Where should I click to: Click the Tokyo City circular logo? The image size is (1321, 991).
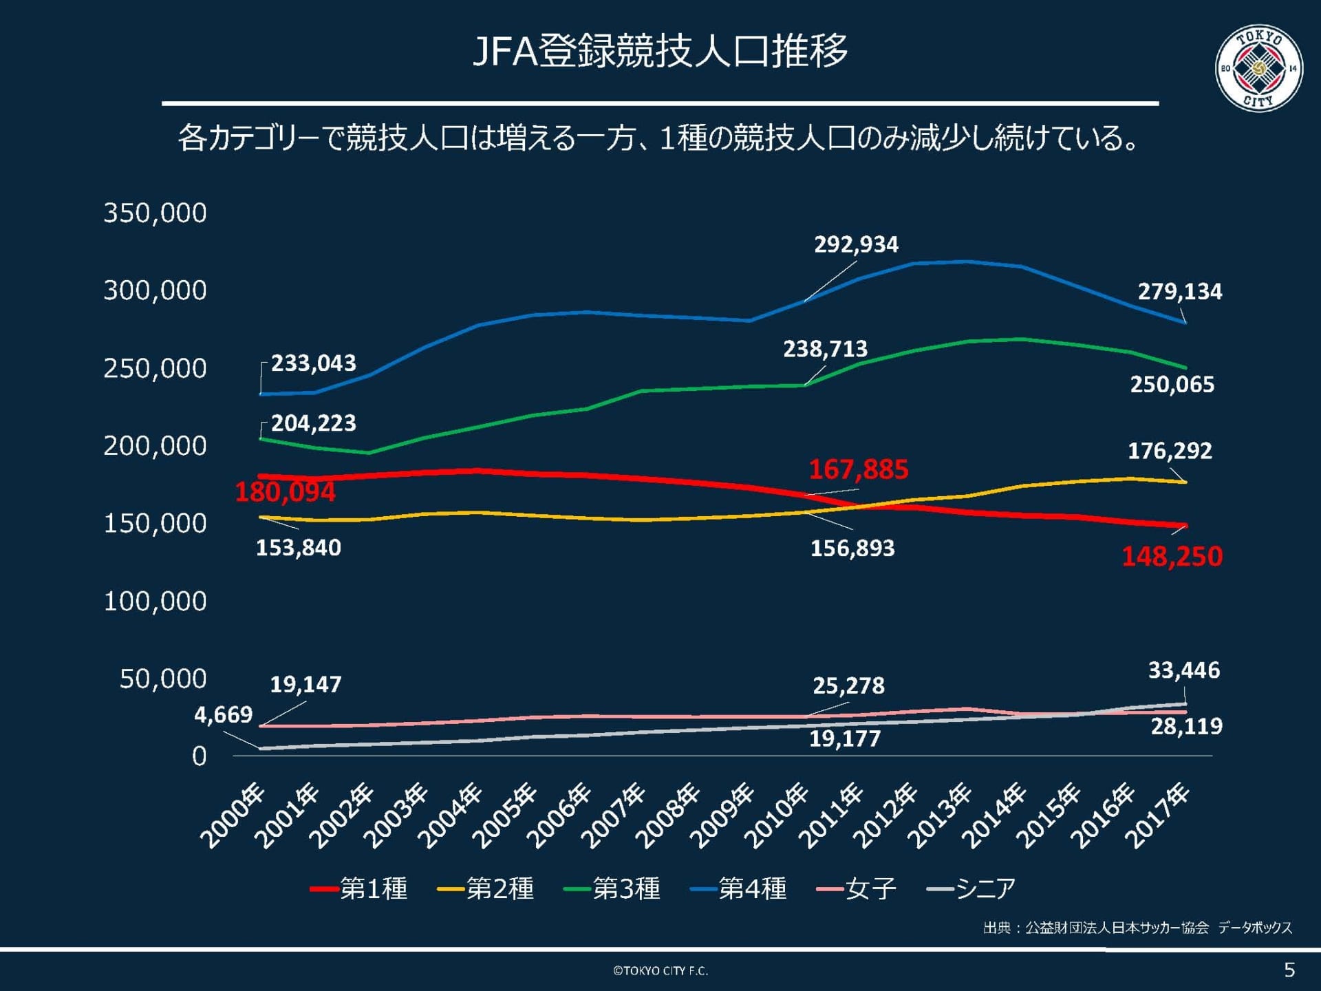(x=1258, y=68)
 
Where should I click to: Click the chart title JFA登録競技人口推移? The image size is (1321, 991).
(x=660, y=51)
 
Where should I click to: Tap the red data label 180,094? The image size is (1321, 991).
(x=285, y=492)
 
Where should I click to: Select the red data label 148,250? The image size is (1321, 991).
(x=1172, y=556)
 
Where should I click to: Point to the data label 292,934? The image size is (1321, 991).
(x=856, y=244)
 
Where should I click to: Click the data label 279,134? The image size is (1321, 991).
(x=1179, y=292)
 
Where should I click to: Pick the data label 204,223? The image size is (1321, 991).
(x=313, y=423)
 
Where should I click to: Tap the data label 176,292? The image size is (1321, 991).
(x=1170, y=451)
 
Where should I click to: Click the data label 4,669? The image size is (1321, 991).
(x=223, y=714)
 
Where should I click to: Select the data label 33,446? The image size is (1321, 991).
(x=1183, y=670)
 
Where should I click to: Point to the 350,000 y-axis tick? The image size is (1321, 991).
(x=155, y=213)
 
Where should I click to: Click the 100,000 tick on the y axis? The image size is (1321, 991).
(x=155, y=601)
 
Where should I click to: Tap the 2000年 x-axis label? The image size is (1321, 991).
(x=232, y=817)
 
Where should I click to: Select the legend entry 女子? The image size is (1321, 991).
(x=857, y=888)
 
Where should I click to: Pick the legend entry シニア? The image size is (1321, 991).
(x=971, y=888)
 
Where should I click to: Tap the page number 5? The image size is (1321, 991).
(x=1289, y=970)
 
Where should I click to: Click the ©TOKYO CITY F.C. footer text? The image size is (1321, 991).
(x=660, y=970)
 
